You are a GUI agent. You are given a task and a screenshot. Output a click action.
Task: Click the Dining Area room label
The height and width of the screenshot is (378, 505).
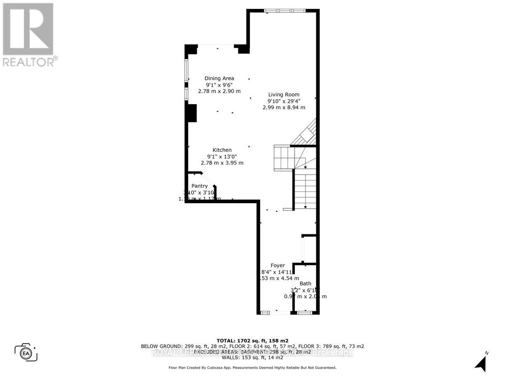pyautogui.click(x=219, y=78)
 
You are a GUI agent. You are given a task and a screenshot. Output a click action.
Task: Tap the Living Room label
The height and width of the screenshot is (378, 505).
pyautogui.click(x=284, y=94)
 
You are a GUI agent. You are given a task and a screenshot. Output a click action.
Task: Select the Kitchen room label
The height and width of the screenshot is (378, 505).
pyautogui.click(x=222, y=150)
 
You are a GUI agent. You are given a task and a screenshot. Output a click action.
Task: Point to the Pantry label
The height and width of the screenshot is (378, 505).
pyautogui.click(x=199, y=186)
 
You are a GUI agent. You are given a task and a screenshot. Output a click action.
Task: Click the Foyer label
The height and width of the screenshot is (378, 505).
pyautogui.click(x=278, y=265)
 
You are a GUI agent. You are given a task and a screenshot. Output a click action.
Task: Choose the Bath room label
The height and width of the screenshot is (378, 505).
pyautogui.click(x=306, y=284)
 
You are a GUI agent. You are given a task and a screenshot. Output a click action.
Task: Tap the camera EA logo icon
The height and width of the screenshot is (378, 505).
pyautogui.click(x=26, y=353)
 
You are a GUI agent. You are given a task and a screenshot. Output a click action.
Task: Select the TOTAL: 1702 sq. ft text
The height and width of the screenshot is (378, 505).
pyautogui.click(x=252, y=341)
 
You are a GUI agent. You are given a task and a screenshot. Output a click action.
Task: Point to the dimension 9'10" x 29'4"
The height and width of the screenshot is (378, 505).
pyautogui.click(x=284, y=101)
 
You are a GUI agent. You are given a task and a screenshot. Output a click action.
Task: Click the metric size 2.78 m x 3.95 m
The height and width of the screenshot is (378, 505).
pyautogui.click(x=222, y=163)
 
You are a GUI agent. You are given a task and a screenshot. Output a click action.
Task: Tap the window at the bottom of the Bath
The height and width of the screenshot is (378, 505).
pyautogui.click(x=304, y=312)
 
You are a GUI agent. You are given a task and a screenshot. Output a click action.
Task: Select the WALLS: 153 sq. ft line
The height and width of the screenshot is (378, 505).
pyautogui.click(x=252, y=357)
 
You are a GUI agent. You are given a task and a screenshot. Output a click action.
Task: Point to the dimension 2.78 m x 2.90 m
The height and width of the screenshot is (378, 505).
pyautogui.click(x=219, y=91)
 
